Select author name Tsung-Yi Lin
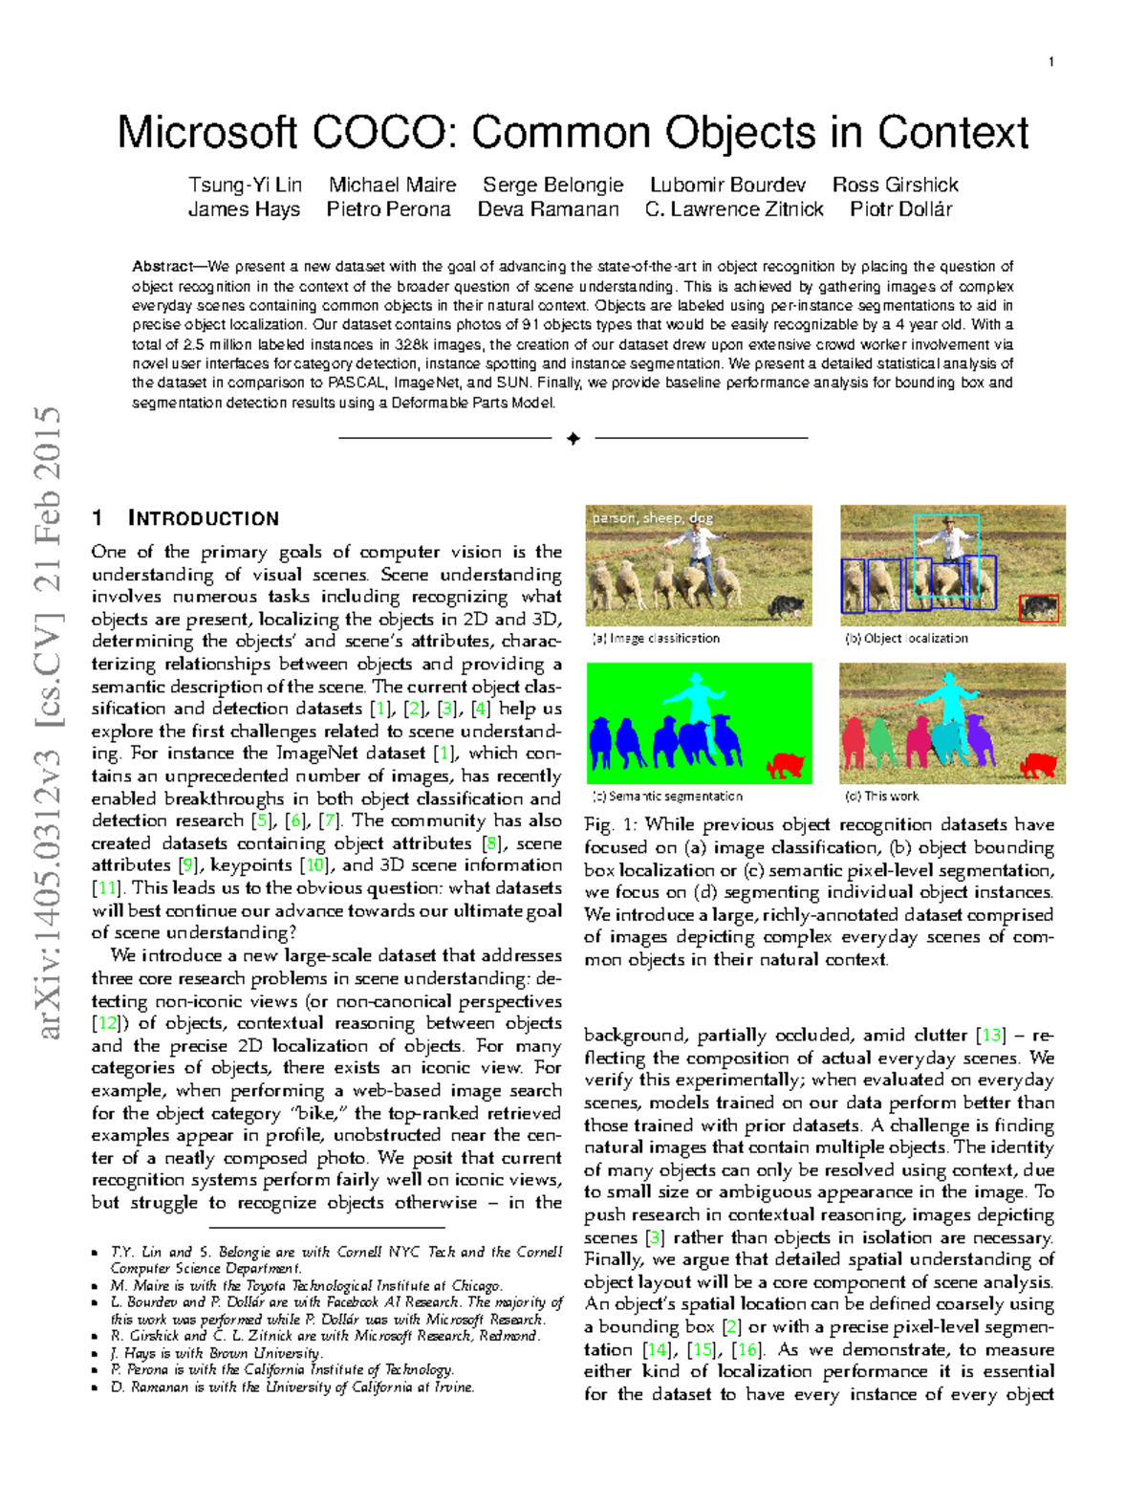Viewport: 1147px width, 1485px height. coord(245,185)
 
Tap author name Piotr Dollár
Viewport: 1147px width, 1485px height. coord(900,209)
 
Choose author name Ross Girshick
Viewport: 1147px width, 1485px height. coord(895,185)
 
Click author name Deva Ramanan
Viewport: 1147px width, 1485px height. coord(548,209)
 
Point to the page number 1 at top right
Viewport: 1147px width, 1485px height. coord(1051,62)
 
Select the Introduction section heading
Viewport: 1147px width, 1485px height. coord(203,518)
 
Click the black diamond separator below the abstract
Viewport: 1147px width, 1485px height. coord(573,438)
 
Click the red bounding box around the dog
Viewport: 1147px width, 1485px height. coord(1038,608)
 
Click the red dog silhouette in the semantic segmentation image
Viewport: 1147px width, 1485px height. coord(786,765)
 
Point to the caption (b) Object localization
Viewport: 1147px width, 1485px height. coord(906,638)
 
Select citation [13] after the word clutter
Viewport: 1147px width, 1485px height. coord(991,1035)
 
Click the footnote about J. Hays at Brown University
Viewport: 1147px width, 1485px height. coord(217,1353)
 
